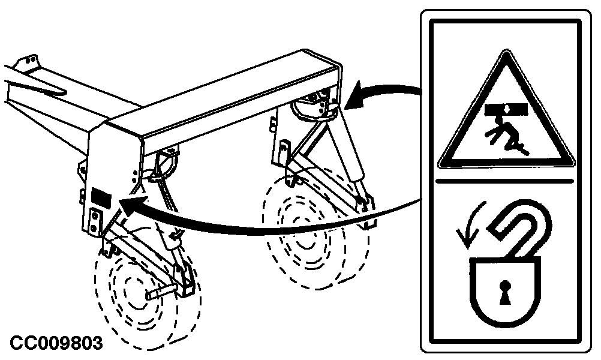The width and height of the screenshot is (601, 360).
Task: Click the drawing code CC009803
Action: pyautogui.click(x=56, y=343)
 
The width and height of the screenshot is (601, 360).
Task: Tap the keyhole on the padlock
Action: pyautogui.click(x=505, y=292)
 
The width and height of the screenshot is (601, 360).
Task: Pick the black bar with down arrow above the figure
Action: pyautogui.click(x=506, y=109)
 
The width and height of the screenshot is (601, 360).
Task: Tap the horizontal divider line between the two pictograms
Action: pyautogui.click(x=505, y=181)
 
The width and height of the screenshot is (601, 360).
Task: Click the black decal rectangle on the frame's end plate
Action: pyautogui.click(x=101, y=197)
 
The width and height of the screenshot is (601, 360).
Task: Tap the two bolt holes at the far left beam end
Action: pyautogui.click(x=30, y=61)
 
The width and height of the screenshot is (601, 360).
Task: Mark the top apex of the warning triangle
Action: pyautogui.click(x=506, y=50)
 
